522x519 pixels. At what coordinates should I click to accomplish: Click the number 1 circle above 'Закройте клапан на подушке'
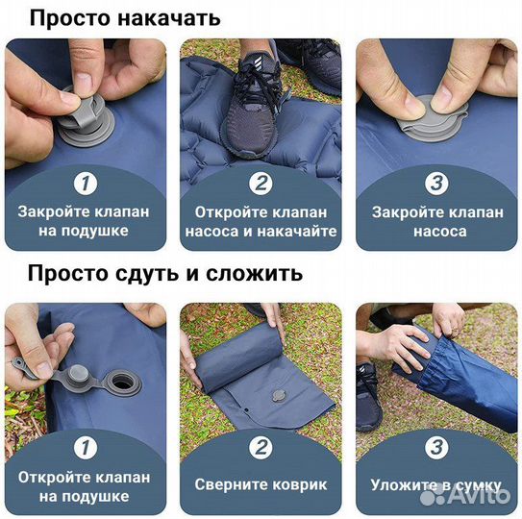pyautogui.click(x=86, y=183)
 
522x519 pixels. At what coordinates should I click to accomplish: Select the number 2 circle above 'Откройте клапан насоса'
pyautogui.click(x=261, y=183)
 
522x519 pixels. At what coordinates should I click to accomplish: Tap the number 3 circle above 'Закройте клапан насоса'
pyautogui.click(x=435, y=183)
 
